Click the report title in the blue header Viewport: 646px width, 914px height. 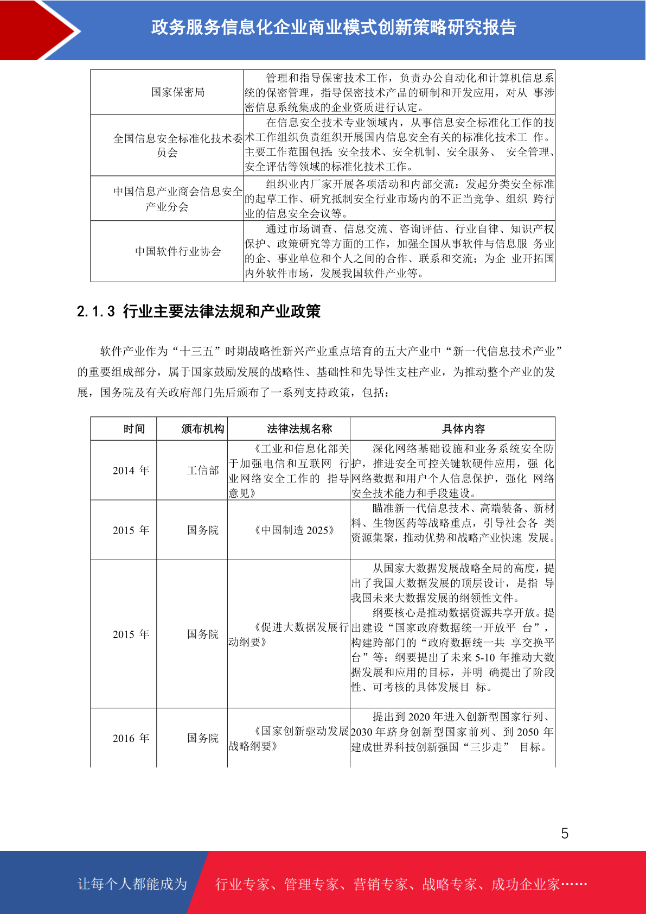(x=334, y=27)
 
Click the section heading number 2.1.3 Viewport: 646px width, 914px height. (x=95, y=312)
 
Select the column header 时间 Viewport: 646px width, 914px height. (x=134, y=429)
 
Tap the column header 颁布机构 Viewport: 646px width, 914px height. (x=202, y=429)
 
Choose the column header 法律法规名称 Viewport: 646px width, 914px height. (x=299, y=429)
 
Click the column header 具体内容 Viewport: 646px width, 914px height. (x=463, y=429)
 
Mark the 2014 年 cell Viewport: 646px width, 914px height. (x=131, y=471)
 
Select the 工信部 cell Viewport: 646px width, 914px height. (x=203, y=471)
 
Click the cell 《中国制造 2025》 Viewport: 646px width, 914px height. (x=294, y=530)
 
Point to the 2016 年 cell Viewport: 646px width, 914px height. (x=131, y=738)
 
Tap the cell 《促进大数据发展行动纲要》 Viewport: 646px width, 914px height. (x=289, y=634)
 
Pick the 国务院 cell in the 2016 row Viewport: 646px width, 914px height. (x=203, y=738)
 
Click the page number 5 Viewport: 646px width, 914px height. (x=565, y=833)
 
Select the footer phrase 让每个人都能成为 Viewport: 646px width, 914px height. (x=132, y=884)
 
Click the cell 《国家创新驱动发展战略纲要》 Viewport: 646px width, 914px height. (x=289, y=739)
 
